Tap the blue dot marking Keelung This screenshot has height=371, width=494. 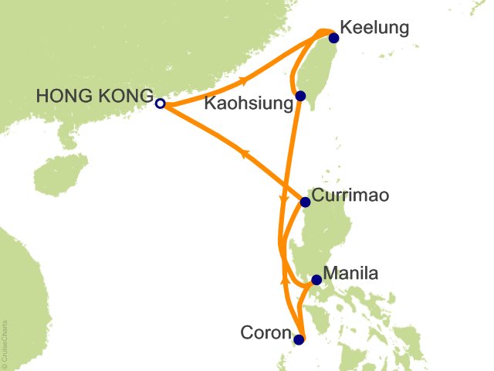pos(333,38)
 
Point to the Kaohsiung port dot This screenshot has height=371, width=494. pos(300,97)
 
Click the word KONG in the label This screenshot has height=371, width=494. pos(123,95)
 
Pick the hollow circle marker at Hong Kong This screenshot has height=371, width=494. pos(160,104)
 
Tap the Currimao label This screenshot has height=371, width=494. pos(350,195)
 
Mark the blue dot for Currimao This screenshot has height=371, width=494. pos(305,203)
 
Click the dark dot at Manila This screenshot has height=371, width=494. pos(316,281)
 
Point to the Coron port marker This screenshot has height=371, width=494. pos(299,339)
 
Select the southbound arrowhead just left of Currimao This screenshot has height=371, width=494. pos(283,203)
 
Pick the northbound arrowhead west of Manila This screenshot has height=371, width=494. pos(284,280)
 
